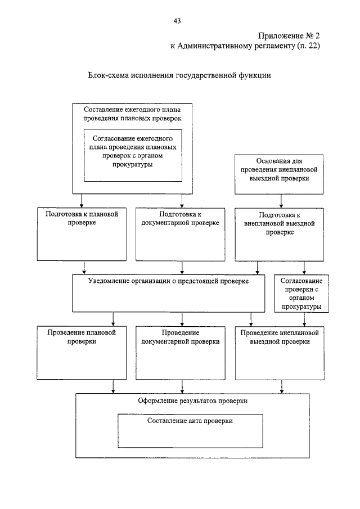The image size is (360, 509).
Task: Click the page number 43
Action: point(177,21)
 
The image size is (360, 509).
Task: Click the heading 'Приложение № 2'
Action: point(289,35)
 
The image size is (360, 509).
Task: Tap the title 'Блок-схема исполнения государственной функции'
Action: point(179,75)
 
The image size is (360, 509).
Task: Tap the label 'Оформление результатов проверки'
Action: point(193,401)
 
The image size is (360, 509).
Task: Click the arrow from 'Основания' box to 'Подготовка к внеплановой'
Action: point(281,201)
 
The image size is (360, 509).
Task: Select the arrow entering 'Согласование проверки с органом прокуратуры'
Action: point(304,268)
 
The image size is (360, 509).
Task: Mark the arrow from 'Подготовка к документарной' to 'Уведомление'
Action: point(182,268)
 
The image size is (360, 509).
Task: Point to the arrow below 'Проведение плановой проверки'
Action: point(113,386)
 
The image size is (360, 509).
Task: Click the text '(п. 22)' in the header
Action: point(308,46)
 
